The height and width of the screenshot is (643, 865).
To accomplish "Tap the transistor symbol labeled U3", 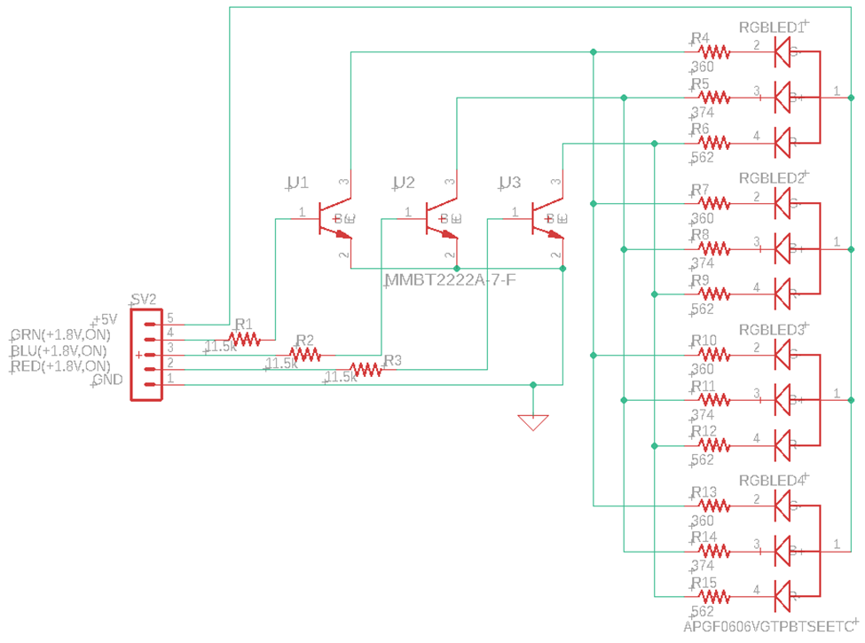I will (x=547, y=218).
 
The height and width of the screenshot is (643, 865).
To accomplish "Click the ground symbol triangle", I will (x=532, y=422).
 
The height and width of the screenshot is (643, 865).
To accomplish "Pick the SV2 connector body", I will (x=145, y=354).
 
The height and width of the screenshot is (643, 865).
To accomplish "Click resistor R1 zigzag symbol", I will (x=244, y=338).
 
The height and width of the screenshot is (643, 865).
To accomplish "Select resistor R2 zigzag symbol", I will (x=305, y=354).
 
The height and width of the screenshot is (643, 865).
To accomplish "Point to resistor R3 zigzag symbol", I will (x=366, y=369).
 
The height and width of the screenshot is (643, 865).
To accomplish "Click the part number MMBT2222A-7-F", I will (x=450, y=280).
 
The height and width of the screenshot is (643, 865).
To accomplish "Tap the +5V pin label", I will (x=105, y=319).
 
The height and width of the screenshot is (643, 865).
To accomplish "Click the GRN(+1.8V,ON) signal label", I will (x=60, y=335).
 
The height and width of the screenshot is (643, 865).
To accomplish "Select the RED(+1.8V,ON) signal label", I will (x=60, y=366).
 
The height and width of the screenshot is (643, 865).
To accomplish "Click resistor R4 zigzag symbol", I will (x=713, y=52).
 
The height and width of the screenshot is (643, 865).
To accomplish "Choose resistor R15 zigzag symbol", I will (x=713, y=596).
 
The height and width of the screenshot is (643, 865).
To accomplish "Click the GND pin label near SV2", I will (x=109, y=381).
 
